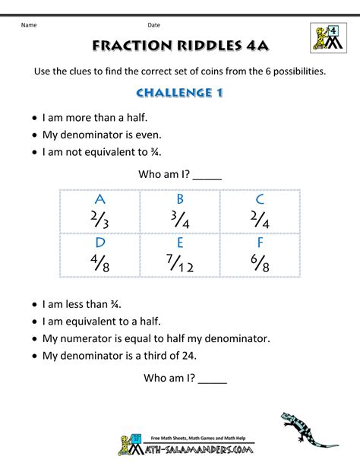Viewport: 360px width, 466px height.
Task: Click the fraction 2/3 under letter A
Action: pos(99,220)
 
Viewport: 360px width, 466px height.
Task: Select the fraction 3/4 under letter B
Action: pos(180,220)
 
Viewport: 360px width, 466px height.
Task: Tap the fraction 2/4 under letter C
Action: pos(261,220)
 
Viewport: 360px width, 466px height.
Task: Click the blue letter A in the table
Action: pos(99,200)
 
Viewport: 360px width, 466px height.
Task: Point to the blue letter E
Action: pos(180,244)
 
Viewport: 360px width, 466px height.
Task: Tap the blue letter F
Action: pos(261,244)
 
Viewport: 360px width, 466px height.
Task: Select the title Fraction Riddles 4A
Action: pos(179,46)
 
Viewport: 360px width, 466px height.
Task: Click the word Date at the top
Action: pos(154,25)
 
